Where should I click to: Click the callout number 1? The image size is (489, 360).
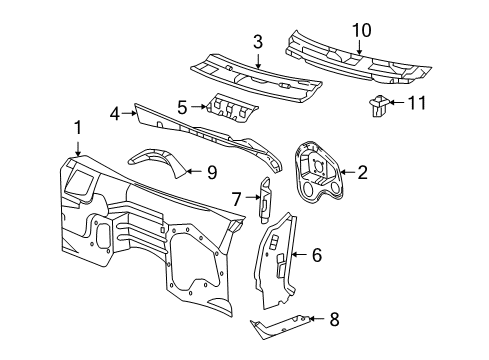[77, 127]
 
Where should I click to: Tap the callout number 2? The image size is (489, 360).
[362, 172]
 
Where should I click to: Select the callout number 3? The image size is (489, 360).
[257, 41]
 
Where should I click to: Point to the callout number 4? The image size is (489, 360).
[115, 114]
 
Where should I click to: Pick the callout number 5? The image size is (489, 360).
[182, 105]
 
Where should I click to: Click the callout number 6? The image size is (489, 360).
[316, 256]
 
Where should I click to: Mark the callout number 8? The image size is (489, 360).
[334, 320]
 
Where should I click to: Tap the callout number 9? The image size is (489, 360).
[211, 172]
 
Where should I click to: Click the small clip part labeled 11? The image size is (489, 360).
[379, 103]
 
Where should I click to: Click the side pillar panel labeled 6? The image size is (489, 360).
[275, 260]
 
